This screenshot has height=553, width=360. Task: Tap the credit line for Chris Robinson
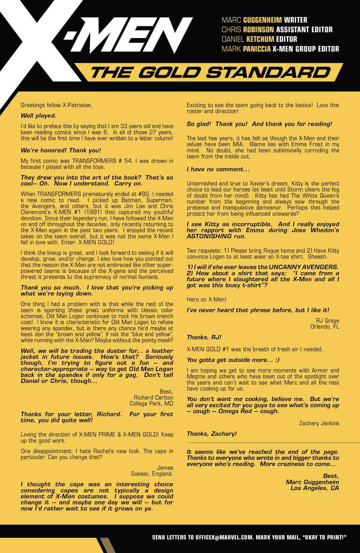277,30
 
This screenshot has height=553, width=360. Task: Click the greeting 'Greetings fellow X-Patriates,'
56,105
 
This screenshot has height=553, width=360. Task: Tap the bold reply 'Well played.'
38,116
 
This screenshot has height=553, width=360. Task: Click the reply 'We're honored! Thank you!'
60,150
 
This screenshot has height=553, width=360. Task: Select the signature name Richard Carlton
153,397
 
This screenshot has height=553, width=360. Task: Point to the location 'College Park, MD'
151,404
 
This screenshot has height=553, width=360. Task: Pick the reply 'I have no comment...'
218,169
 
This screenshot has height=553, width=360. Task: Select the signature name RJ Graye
327,321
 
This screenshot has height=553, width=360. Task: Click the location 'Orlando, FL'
325,327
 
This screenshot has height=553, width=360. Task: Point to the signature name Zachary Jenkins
319,423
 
